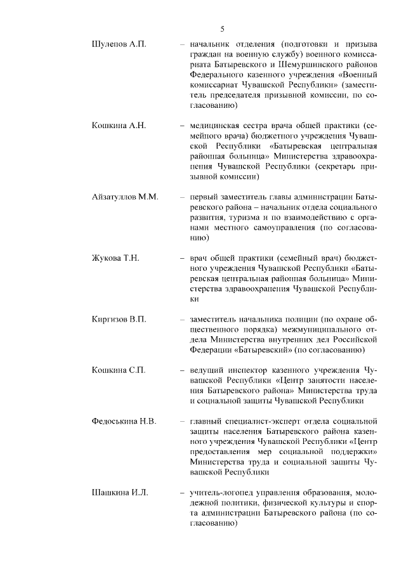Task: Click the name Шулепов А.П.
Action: (119, 45)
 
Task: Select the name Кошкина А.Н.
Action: (119, 126)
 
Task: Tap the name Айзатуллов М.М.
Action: (125, 197)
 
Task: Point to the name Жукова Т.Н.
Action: (115, 258)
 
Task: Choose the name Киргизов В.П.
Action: (119, 318)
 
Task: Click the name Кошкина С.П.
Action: (119, 370)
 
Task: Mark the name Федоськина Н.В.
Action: (125, 421)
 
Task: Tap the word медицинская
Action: (216, 126)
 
